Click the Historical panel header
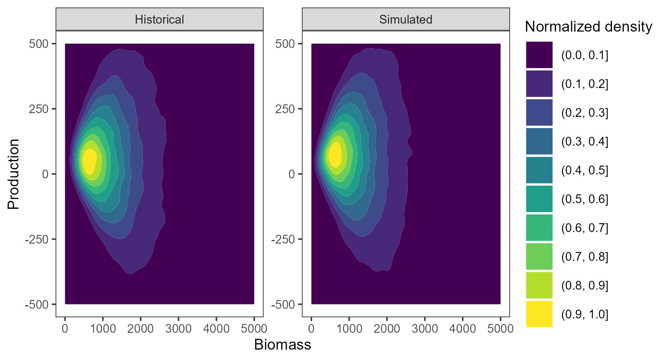click(x=159, y=19)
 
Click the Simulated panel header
click(x=406, y=19)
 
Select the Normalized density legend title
click(x=588, y=27)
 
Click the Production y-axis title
click(x=13, y=174)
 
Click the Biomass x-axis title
click(x=282, y=345)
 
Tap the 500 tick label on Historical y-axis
click(x=39, y=44)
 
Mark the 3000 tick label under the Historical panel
click(x=178, y=329)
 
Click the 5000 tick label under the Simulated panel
click(x=500, y=329)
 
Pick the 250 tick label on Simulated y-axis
click(x=285, y=109)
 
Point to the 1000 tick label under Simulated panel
click(x=349, y=329)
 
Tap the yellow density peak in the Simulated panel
click(x=335, y=154)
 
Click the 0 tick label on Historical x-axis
click(x=65, y=329)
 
